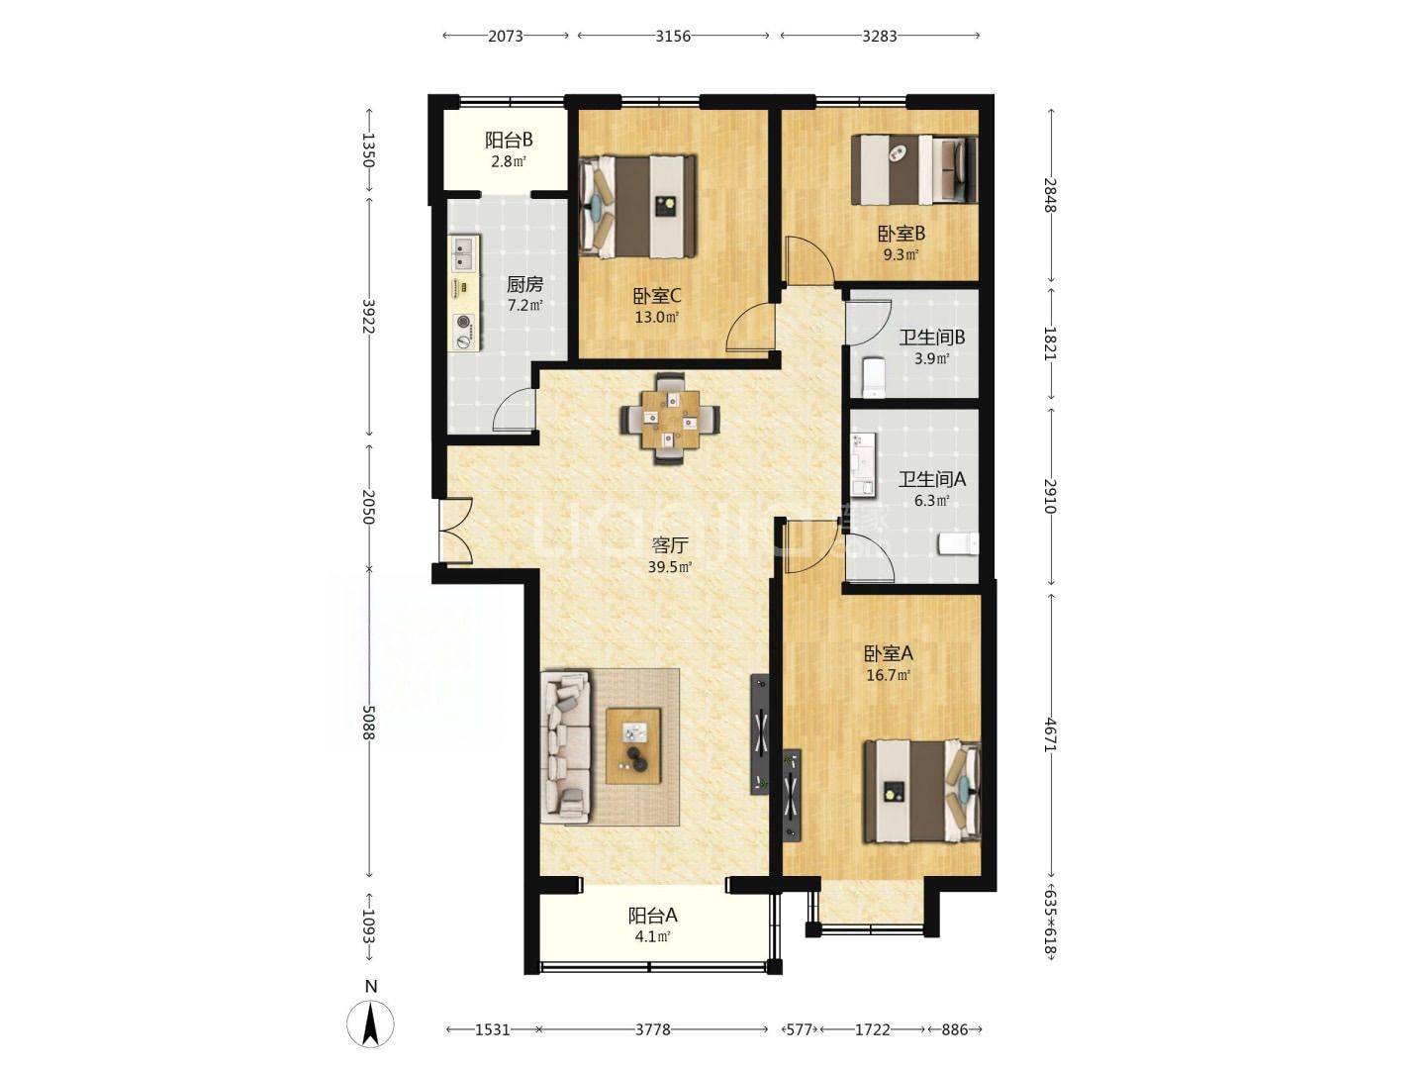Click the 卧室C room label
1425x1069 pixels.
click(x=657, y=296)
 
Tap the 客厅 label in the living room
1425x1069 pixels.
click(x=669, y=545)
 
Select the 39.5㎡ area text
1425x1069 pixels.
click(x=669, y=567)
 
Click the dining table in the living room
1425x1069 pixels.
click(x=670, y=419)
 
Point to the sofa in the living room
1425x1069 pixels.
click(x=565, y=746)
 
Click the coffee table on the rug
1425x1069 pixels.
click(x=633, y=745)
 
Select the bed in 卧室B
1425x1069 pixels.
click(x=913, y=169)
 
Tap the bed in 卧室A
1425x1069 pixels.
click(x=921, y=792)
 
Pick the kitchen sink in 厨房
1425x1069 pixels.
click(x=463, y=253)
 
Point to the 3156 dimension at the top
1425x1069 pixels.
click(x=673, y=37)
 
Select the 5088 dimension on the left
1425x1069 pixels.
click(x=368, y=723)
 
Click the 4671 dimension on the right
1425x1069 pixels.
click(x=1050, y=734)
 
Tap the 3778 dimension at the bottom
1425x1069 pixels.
click(x=652, y=1029)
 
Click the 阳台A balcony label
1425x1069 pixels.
click(x=652, y=916)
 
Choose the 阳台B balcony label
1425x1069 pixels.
click(x=509, y=140)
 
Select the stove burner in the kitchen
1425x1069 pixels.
click(x=463, y=322)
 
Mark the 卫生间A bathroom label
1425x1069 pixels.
click(x=931, y=479)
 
